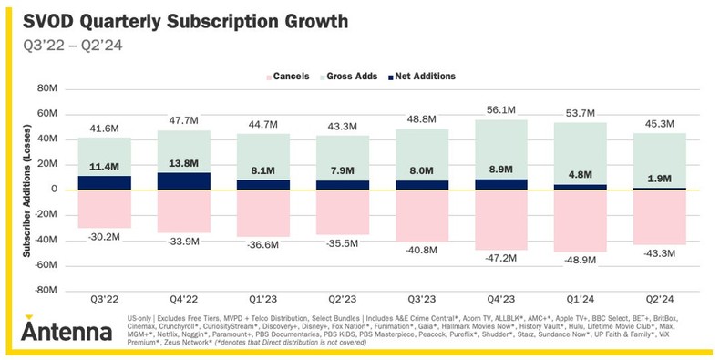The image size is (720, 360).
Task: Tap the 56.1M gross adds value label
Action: coord(500,109)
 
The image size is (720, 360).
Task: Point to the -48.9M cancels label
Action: coord(580,260)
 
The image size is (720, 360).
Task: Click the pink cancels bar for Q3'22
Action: coord(104,209)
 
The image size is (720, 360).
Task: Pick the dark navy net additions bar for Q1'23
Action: coord(262,185)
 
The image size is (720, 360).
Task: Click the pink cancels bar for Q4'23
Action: coord(500,219)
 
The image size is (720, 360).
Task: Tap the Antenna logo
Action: coord(67,329)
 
